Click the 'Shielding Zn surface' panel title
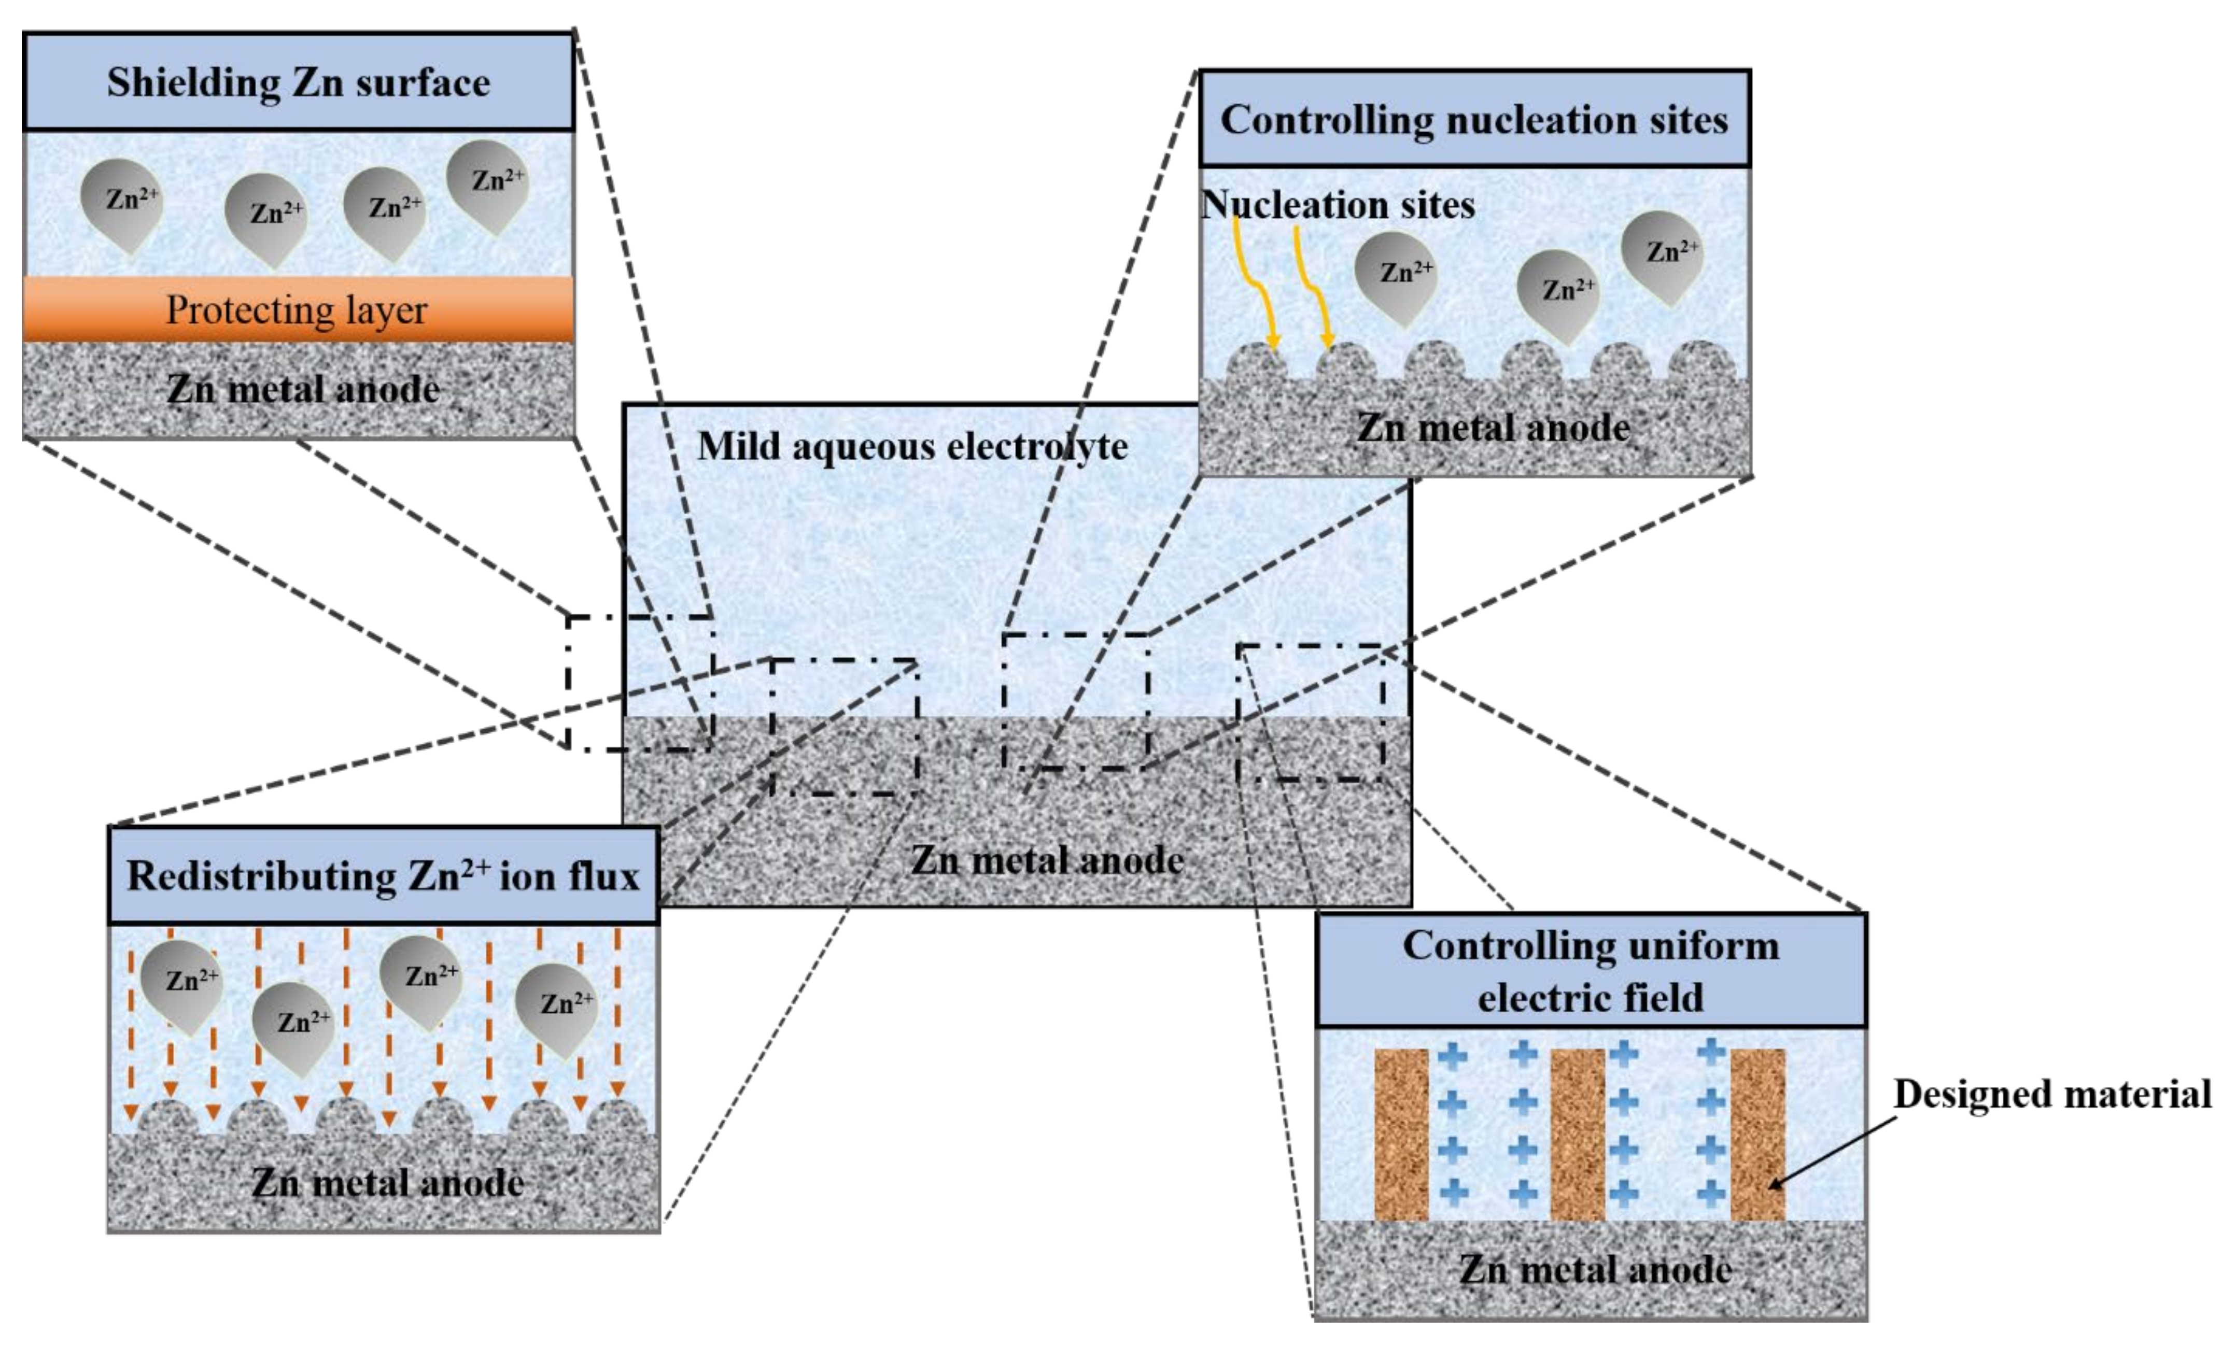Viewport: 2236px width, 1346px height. pos(299,82)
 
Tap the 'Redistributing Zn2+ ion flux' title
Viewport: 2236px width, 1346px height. pos(383,876)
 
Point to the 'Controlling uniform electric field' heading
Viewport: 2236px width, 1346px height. pos(1590,970)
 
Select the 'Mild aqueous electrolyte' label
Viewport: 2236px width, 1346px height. pos(911,446)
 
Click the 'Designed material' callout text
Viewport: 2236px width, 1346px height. pos(2052,1094)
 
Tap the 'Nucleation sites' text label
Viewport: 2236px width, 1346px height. pos(1338,205)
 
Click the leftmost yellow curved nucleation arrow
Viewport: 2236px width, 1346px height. pos(1255,286)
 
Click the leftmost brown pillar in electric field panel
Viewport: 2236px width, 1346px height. pos(1401,1134)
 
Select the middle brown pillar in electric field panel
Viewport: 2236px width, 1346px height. pos(1578,1134)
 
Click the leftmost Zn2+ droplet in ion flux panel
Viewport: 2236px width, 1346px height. pos(181,984)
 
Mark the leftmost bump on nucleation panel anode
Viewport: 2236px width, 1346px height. pos(1256,363)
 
